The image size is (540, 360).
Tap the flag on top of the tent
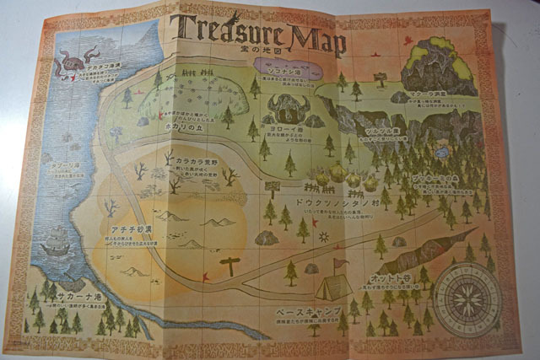pos(338,263)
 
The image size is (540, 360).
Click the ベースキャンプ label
pos(309,312)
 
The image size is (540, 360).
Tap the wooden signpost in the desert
pos(229,267)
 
